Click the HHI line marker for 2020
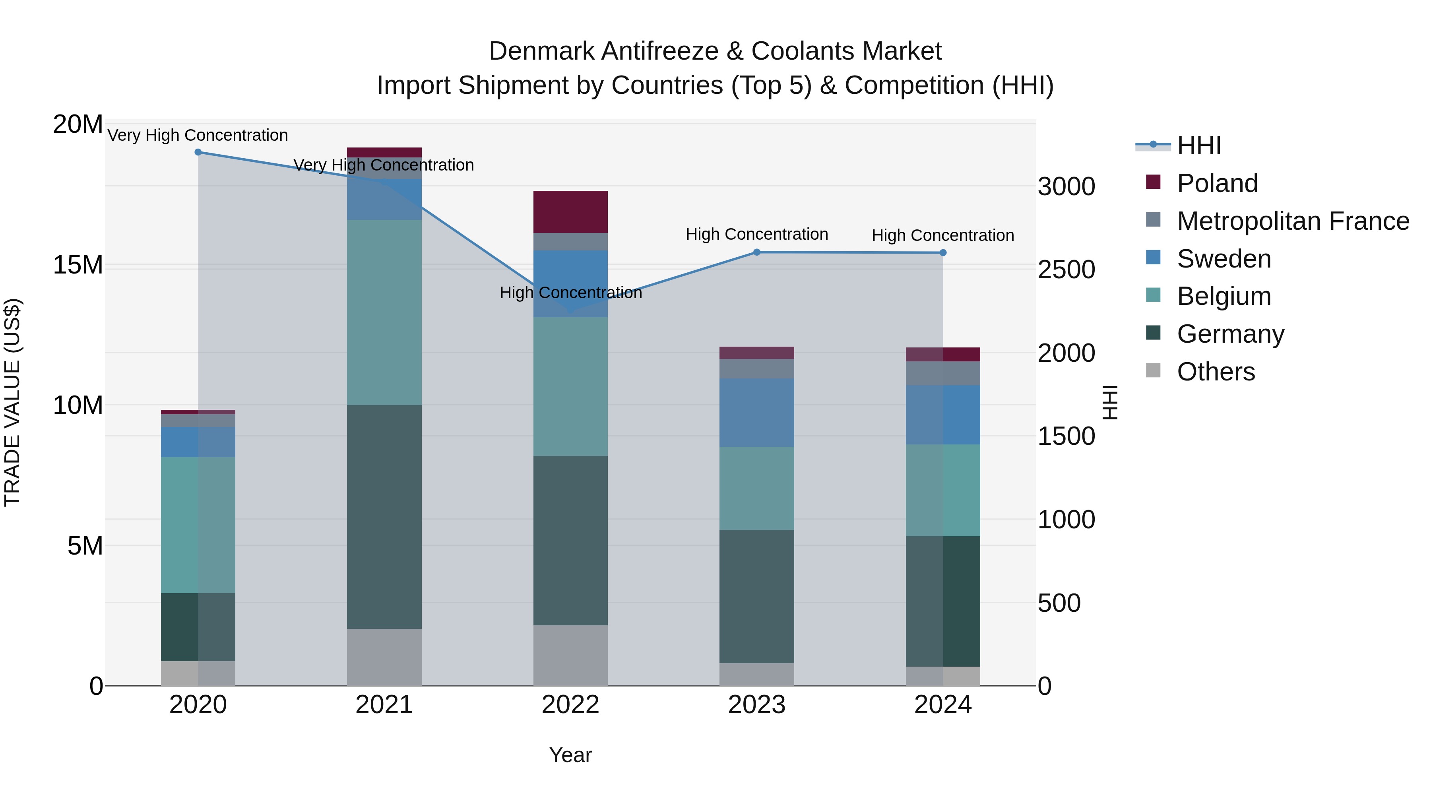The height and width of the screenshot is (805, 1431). coord(198,152)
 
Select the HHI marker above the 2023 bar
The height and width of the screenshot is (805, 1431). coord(756,252)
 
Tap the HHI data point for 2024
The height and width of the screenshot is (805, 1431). coord(943,253)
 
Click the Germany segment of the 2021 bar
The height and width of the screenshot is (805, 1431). coord(384,517)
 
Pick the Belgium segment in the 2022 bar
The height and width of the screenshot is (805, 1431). coord(570,387)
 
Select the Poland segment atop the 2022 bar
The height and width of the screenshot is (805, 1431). coord(570,211)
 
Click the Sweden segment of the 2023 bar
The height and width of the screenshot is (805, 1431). coord(756,413)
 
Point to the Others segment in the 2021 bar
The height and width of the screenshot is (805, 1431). coord(384,657)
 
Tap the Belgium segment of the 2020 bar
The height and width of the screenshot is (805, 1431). coord(198,525)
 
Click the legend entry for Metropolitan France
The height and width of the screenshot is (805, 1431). coord(1293,221)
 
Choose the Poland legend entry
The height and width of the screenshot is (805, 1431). coord(1217,183)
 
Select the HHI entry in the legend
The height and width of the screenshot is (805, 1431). coord(1199,145)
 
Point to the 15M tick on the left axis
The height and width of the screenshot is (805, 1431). coord(78,265)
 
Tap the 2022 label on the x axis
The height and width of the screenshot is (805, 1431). coord(570,705)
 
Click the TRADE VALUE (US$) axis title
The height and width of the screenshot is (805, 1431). coord(12,402)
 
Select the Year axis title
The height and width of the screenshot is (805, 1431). coord(570,755)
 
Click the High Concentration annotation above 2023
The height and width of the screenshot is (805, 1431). coord(756,235)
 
